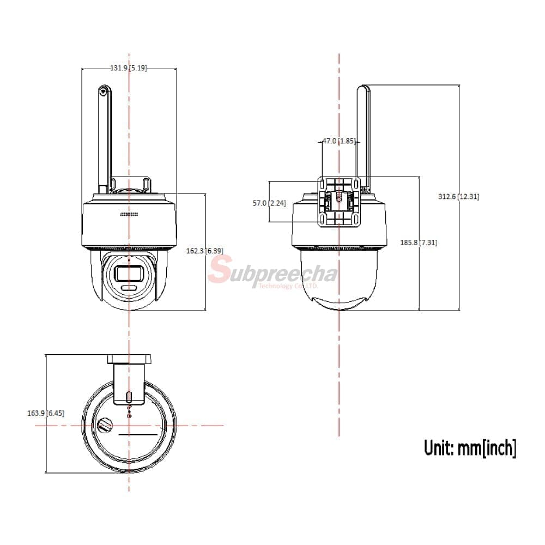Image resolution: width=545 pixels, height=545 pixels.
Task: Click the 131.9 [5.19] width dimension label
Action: click(129, 68)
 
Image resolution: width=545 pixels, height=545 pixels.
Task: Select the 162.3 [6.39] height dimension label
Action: click(205, 251)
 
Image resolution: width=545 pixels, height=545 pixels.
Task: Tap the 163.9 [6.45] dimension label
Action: click(46, 413)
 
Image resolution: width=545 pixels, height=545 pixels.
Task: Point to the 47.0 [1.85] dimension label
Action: click(340, 141)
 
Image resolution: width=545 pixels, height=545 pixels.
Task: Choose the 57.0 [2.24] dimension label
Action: click(269, 203)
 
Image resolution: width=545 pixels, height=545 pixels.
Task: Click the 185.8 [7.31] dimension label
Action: click(419, 243)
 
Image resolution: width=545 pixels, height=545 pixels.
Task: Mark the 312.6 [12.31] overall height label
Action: click(458, 196)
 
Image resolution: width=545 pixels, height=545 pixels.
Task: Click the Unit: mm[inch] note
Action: click(470, 447)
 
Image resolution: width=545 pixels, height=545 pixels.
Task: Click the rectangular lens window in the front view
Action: click(129, 273)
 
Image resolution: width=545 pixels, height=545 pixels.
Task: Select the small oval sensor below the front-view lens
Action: click(129, 288)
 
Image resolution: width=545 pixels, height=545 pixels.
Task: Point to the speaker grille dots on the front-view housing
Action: click(129, 214)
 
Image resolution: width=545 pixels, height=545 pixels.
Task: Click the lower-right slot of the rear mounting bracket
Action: click(356, 219)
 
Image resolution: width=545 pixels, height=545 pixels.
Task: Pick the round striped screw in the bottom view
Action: click(105, 425)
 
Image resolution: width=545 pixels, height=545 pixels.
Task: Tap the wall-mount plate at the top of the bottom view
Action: click(129, 359)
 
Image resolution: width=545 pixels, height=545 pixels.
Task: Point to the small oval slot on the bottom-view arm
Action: click(129, 397)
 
